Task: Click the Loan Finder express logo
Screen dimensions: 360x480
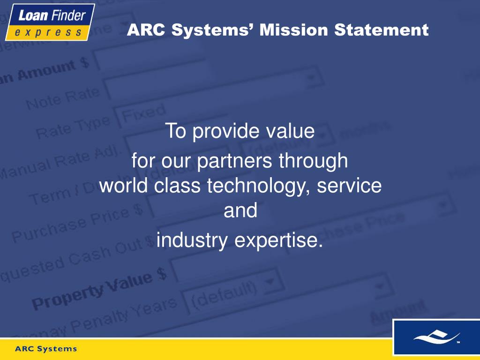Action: pos(50,22)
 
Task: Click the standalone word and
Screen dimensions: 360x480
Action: pos(240,210)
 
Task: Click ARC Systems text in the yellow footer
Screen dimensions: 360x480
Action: pos(46,349)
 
